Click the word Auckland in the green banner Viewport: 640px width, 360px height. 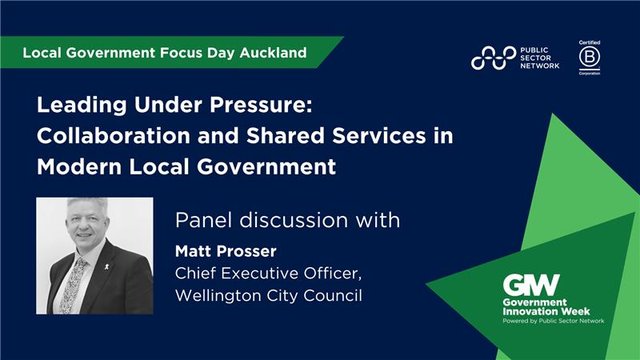tap(272, 50)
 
